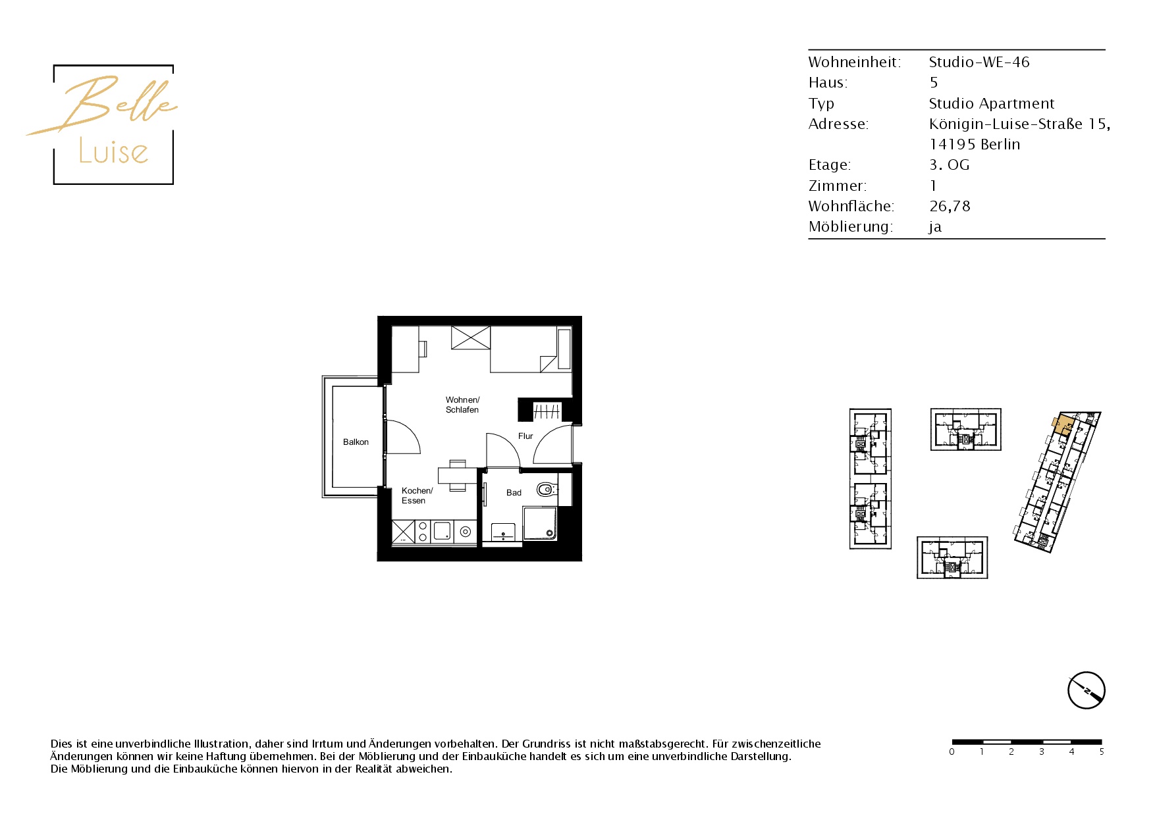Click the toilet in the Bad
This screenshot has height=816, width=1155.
pyautogui.click(x=545, y=489)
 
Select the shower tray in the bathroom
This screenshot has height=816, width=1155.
pyautogui.click(x=540, y=523)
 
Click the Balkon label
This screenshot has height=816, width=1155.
pyautogui.click(x=356, y=442)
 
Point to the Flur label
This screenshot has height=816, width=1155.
pyautogui.click(x=525, y=436)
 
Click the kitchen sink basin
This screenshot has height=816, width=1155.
pyautogui.click(x=443, y=531)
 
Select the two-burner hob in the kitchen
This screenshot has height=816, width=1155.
pyautogui.click(x=423, y=532)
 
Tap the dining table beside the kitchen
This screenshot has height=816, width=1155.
pyautogui.click(x=458, y=474)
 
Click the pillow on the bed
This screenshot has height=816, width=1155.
pyautogui.click(x=564, y=349)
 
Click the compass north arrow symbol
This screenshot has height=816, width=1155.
pyautogui.click(x=1086, y=691)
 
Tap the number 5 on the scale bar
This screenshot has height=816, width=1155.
pyautogui.click(x=1101, y=752)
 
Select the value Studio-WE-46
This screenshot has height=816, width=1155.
pyautogui.click(x=979, y=63)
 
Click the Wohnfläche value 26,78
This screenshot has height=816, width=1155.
pyautogui.click(x=950, y=207)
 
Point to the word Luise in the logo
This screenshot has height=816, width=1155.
pyautogui.click(x=113, y=151)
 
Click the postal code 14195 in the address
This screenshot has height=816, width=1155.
pyautogui.click(x=952, y=145)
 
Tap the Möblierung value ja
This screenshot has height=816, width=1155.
pyautogui.click(x=935, y=228)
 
